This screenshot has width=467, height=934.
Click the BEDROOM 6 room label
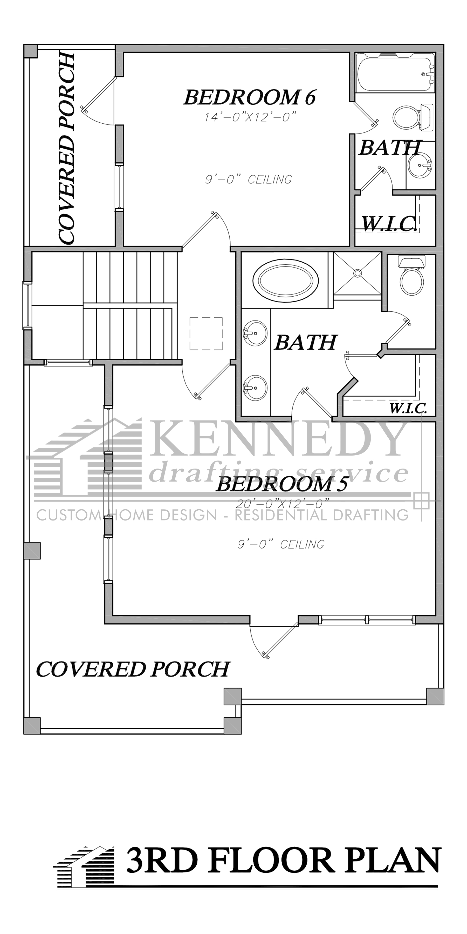pos(250,97)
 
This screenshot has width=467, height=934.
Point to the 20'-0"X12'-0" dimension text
pos(283,503)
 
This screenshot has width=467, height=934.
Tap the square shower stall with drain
pos(357,273)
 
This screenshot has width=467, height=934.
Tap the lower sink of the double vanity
pos(255,387)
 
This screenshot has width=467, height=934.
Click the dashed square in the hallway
pos(206,333)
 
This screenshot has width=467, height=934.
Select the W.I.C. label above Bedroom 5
pos(408,409)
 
